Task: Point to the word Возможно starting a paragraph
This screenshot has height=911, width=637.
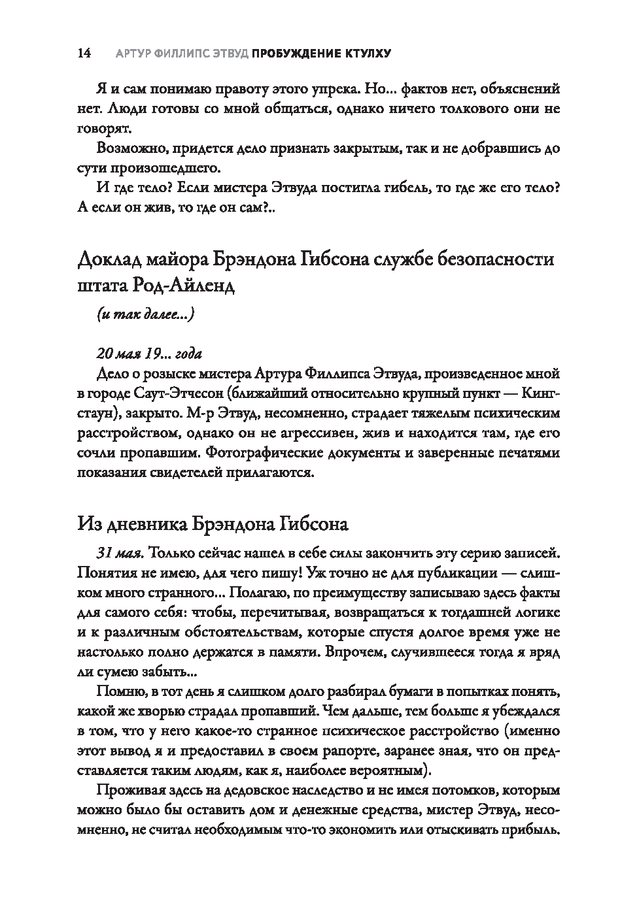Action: coord(128,148)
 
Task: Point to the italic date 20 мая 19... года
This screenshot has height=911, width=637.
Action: coord(149,354)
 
